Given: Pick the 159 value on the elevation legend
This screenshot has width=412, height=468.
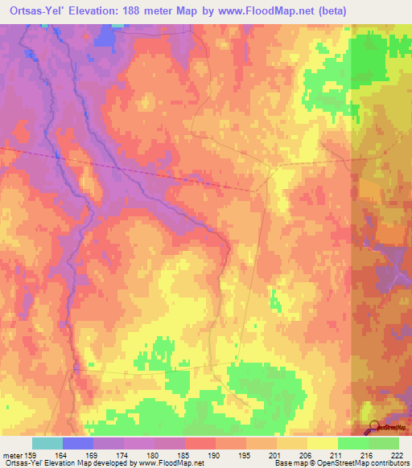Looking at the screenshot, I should click(33, 456).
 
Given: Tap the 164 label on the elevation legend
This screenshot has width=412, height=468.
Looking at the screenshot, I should click(63, 456).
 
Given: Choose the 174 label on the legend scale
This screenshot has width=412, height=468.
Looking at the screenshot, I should click(124, 456).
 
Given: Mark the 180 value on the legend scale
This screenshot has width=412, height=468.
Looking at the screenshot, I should click(154, 456).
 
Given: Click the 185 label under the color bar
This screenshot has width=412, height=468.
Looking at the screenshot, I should click(185, 456).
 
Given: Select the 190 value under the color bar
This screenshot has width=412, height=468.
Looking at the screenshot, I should click(216, 456).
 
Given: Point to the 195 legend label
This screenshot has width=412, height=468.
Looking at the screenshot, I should click(246, 456).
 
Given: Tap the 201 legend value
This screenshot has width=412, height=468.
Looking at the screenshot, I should click(277, 456).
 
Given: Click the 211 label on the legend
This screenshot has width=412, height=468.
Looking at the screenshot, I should click(338, 456).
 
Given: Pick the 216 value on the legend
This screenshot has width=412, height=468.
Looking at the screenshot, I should click(369, 456).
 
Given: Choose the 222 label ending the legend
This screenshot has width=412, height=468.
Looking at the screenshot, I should click(398, 456).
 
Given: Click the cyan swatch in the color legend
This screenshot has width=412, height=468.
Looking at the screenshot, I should click(47, 443).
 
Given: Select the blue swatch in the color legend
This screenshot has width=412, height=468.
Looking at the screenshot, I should click(78, 443).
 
